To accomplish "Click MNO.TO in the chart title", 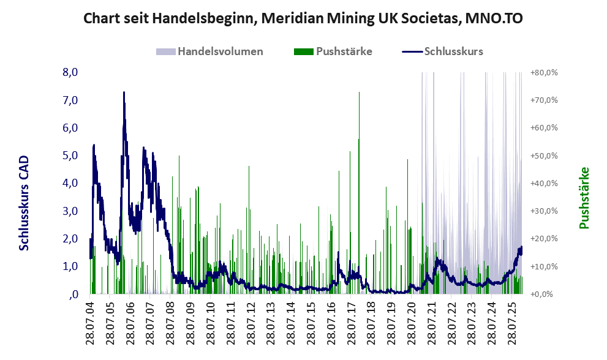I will [489, 18].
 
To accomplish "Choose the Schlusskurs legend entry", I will [453, 51].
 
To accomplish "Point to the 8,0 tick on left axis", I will [70, 72].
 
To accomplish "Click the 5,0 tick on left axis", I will [70, 156].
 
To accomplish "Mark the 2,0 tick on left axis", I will [70, 238].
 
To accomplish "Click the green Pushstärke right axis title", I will [584, 198].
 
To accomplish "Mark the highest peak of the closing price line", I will [124, 92].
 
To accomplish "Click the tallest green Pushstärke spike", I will [359, 92].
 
